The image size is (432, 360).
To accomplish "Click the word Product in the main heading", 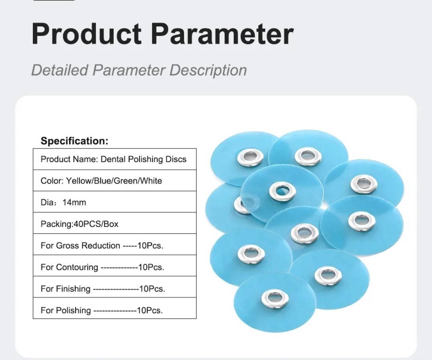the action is pos(87,34).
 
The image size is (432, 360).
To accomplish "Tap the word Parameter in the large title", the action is pos(222,34).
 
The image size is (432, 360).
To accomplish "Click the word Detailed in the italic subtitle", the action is pos(60,70).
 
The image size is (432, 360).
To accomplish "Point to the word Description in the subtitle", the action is pos(208,70).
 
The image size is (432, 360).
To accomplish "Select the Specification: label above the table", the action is pos(75,141).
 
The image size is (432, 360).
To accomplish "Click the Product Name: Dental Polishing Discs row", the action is pos(114,159).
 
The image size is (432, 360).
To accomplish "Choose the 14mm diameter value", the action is pos(74,202).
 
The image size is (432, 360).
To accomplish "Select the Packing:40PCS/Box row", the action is pos(79,224).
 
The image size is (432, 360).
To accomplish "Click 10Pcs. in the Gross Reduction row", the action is pos(150,246).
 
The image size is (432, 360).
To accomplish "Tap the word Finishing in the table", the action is pos(73,289).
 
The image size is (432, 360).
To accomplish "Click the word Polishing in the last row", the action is pos(73,310).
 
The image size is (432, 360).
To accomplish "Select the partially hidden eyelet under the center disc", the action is pos(238,205).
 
